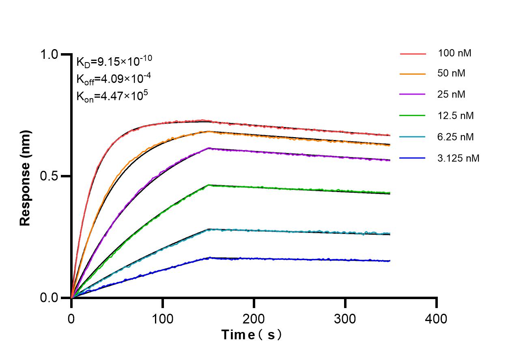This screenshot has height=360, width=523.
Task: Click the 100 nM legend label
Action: (454, 53)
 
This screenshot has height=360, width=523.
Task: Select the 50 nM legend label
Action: (452, 73)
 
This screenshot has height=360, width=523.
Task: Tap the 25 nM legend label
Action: (452, 95)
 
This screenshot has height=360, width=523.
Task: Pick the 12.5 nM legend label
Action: (456, 116)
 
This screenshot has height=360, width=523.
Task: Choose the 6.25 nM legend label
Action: (456, 137)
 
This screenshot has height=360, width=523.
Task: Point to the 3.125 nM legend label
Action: (458, 158)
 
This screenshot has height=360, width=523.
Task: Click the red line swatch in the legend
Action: (413, 53)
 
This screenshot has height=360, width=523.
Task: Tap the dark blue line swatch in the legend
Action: (413, 158)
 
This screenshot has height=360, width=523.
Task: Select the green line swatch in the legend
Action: (413, 116)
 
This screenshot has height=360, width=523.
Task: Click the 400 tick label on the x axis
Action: (437, 319)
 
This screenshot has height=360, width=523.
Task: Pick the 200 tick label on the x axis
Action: (254, 319)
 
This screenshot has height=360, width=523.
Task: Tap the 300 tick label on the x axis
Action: (345, 319)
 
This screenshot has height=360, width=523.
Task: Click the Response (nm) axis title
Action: (26, 178)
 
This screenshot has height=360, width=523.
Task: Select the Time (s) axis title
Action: (252, 335)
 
